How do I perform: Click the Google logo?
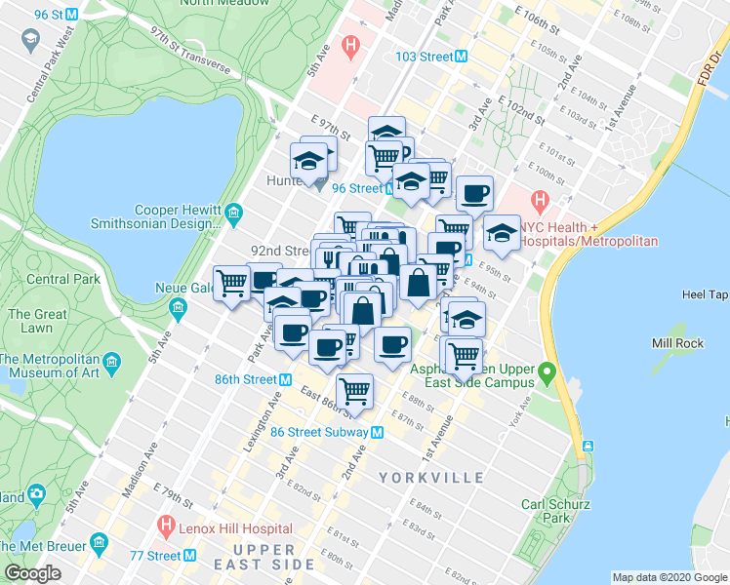(x=32, y=573)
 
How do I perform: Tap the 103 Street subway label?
(x=425, y=57)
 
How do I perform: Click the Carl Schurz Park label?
(x=546, y=511)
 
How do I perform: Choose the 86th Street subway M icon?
(x=286, y=379)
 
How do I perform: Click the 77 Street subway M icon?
(x=191, y=556)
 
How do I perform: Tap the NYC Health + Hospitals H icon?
(x=538, y=202)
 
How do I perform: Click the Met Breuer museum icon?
(x=98, y=541)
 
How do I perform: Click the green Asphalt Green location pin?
(x=547, y=371)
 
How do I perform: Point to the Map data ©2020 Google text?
(x=669, y=577)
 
